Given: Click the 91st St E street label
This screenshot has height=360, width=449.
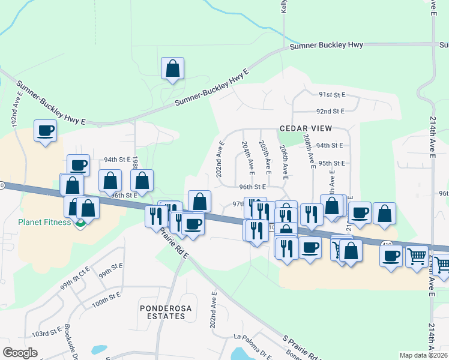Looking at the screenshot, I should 333,95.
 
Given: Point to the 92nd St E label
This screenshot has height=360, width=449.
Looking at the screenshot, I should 331,111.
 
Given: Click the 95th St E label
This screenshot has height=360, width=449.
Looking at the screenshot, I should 332,163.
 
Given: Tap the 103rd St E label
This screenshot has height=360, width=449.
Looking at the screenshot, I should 47,332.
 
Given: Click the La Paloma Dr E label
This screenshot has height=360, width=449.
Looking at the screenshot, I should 253,340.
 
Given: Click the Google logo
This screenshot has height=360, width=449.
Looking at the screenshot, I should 20,353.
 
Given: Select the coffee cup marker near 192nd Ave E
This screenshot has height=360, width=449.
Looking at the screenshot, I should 45,130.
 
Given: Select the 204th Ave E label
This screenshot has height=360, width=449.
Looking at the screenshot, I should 246,158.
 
